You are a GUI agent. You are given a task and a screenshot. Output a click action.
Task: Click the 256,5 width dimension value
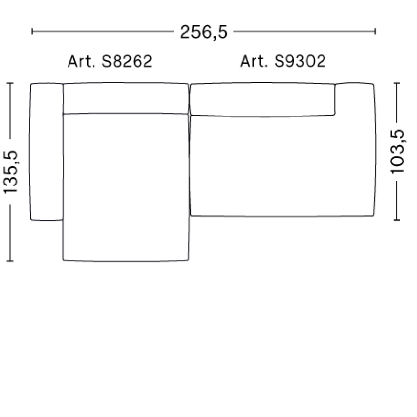204,32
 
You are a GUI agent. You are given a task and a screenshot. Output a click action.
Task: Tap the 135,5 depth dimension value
10,171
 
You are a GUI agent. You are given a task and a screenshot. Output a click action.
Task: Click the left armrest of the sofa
46,152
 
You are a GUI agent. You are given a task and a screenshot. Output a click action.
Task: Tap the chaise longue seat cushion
126,186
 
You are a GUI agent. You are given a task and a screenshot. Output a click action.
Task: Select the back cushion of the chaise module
126,98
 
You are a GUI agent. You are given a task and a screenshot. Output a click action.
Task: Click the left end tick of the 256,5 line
32,32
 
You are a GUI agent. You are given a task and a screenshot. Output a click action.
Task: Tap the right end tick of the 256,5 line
375,32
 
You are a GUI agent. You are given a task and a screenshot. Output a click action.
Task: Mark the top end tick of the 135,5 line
10,83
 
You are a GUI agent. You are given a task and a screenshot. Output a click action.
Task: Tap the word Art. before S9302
254,62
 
